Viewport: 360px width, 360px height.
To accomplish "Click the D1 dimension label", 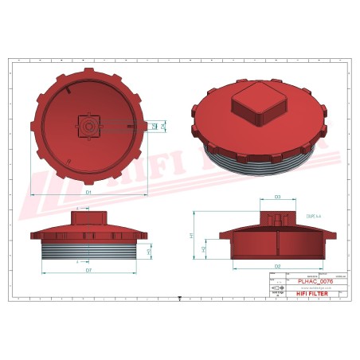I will point(89,193).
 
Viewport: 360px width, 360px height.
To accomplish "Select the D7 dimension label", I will point(89,271).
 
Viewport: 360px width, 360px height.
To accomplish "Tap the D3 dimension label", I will point(277,196).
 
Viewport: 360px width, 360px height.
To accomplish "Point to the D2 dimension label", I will point(277,265).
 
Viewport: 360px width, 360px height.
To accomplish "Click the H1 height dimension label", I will point(191,236).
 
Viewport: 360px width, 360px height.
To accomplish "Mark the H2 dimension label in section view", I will point(205,249).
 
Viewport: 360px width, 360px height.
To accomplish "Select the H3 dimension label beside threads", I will point(150,252).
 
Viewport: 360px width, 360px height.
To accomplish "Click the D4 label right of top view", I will point(162,126).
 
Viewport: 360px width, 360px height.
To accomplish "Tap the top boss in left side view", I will point(89,217).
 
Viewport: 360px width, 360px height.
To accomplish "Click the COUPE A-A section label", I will point(311,215).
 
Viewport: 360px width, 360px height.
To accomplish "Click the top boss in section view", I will point(277,217).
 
